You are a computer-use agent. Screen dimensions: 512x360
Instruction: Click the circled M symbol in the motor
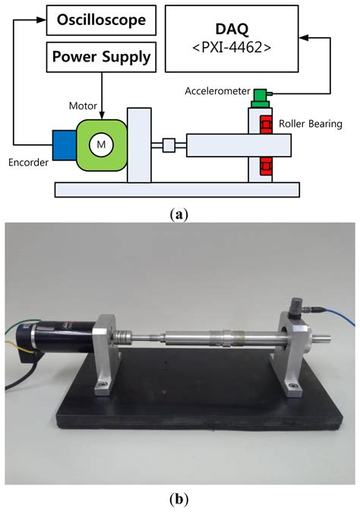[99, 144]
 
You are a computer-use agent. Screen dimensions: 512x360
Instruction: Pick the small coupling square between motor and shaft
[169, 144]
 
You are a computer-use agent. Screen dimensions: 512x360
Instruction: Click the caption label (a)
[179, 215]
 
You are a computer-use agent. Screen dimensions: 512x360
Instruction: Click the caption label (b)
[179, 500]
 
